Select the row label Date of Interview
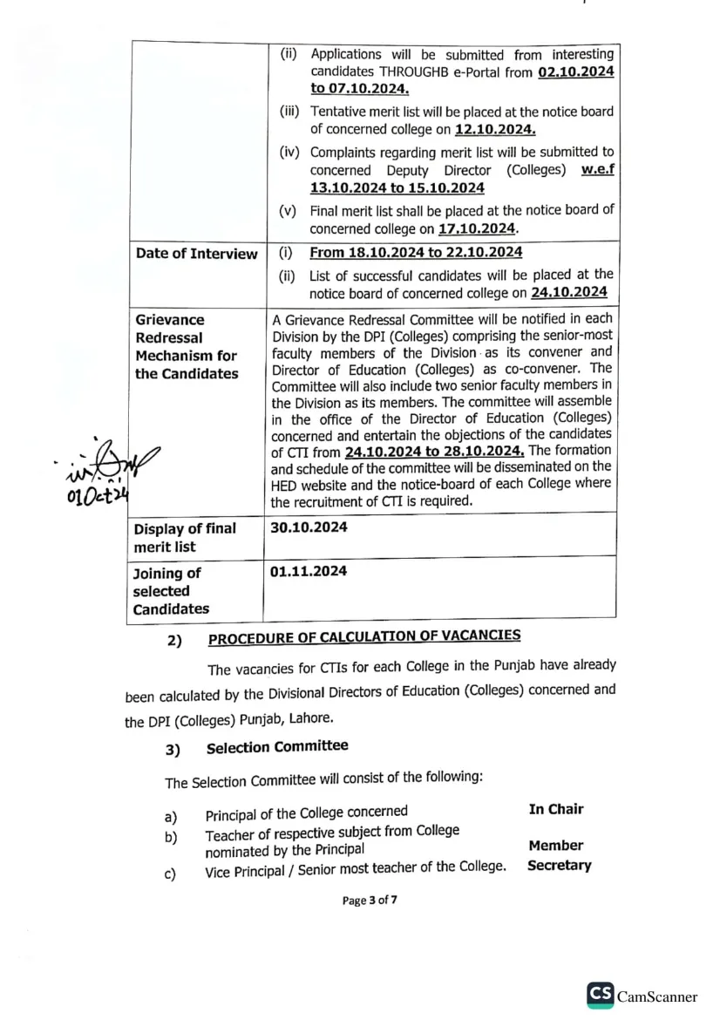coord(196,254)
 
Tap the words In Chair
coord(555,809)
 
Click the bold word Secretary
coord(559,866)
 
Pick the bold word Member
coord(555,845)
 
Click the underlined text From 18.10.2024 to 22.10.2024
coord(416,253)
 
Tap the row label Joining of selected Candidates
coord(172,591)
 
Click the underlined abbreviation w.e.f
coord(594,169)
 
